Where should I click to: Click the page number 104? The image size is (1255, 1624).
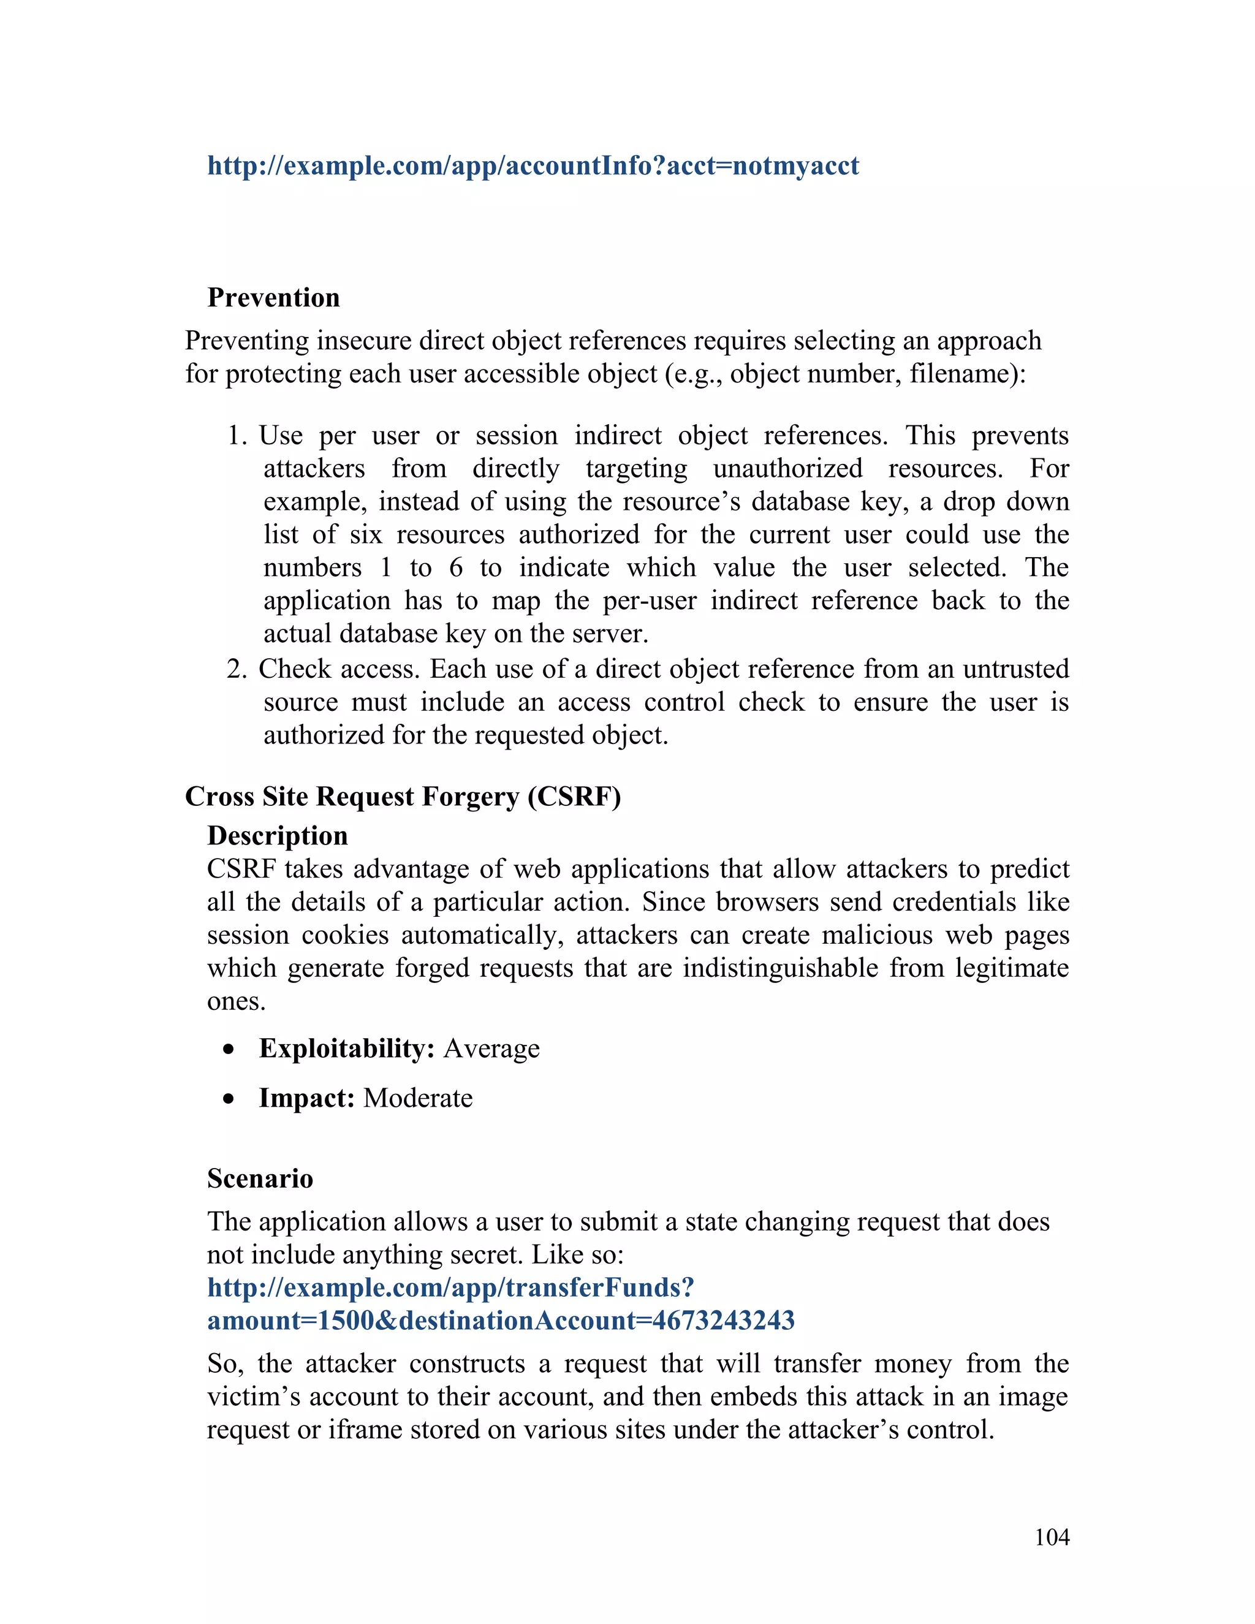[1052, 1537]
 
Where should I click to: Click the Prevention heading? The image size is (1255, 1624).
[273, 297]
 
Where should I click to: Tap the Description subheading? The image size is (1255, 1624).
[278, 836]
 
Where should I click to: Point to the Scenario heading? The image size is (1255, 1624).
[260, 1178]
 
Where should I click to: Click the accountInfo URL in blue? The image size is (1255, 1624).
[533, 165]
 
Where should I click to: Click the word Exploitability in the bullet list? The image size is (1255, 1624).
[346, 1049]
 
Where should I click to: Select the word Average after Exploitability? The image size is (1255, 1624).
[491, 1049]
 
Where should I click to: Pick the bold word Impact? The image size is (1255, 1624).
[306, 1098]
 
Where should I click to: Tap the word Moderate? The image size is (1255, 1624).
[418, 1098]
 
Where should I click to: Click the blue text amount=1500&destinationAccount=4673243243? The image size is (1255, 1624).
[501, 1321]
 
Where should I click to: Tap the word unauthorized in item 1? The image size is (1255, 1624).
[787, 468]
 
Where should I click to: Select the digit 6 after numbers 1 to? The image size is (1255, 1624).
[456, 568]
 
